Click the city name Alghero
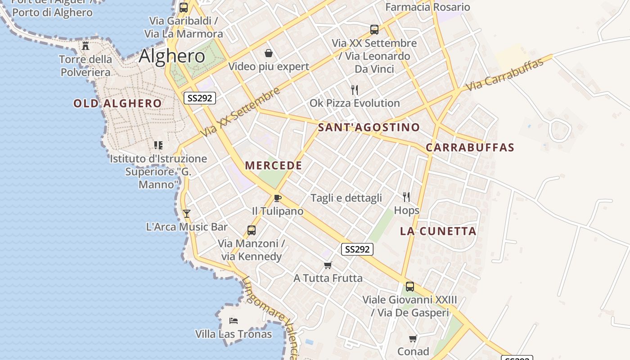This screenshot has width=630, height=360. [172, 56]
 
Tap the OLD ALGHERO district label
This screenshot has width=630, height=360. [117, 103]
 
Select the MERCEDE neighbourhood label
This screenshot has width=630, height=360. [274, 166]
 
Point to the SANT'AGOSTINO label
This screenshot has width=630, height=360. [369, 127]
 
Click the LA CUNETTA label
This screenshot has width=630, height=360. [438, 231]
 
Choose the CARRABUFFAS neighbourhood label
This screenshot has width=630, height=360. [470, 148]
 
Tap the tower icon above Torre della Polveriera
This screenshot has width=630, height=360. [85, 45]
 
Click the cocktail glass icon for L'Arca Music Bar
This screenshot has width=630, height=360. [187, 213]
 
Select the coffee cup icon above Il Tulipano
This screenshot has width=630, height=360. [278, 198]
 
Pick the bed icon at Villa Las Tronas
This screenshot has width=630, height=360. [234, 321]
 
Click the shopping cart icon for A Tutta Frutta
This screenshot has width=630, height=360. [328, 265]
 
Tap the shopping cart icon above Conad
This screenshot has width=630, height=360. [413, 338]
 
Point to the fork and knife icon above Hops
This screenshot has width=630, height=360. [406, 197]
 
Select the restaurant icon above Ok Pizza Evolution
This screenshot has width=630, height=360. [355, 90]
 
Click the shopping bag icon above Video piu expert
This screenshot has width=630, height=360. [269, 53]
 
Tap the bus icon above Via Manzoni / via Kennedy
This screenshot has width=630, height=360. [252, 230]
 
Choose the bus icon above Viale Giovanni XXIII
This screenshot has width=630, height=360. [410, 286]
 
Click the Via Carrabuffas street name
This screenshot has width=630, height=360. [505, 75]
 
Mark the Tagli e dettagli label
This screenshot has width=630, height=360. [346, 198]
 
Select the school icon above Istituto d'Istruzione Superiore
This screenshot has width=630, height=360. [158, 145]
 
